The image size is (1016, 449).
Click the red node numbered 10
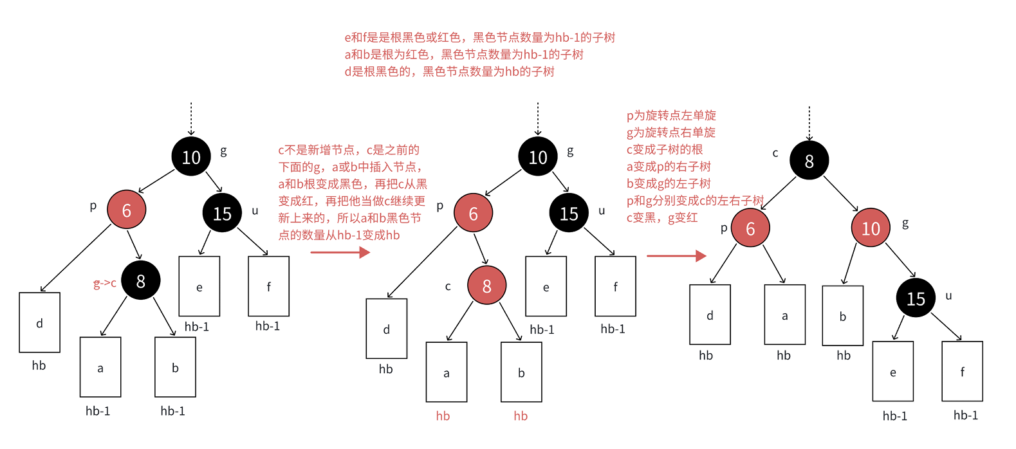[871, 228]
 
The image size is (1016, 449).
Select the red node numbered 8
[486, 286]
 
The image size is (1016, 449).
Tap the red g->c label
[105, 283]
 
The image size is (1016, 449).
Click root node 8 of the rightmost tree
[809, 161]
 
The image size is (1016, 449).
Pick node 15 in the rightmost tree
[916, 298]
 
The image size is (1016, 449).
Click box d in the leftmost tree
[40, 323]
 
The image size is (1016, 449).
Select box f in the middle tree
[615, 286]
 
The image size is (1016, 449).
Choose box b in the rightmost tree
[842, 316]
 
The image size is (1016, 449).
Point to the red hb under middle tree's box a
[443, 416]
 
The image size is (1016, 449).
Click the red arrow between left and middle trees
[340, 252]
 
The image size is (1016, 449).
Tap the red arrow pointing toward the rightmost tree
[676, 256]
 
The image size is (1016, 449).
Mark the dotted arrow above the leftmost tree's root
[191, 119]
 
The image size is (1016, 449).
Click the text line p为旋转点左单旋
[671, 116]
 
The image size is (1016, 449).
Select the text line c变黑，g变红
[662, 218]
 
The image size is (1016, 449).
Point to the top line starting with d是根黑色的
[449, 72]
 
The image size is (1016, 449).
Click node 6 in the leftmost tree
[127, 210]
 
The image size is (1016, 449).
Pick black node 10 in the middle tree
[538, 157]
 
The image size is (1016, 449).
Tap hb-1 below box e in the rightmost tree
[894, 416]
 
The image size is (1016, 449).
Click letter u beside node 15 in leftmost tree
[255, 211]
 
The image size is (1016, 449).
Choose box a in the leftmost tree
[100, 367]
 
